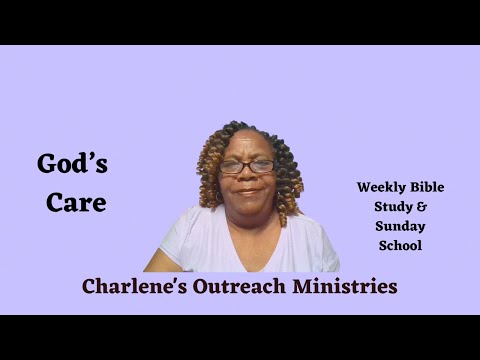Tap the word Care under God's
click(x=75, y=202)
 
